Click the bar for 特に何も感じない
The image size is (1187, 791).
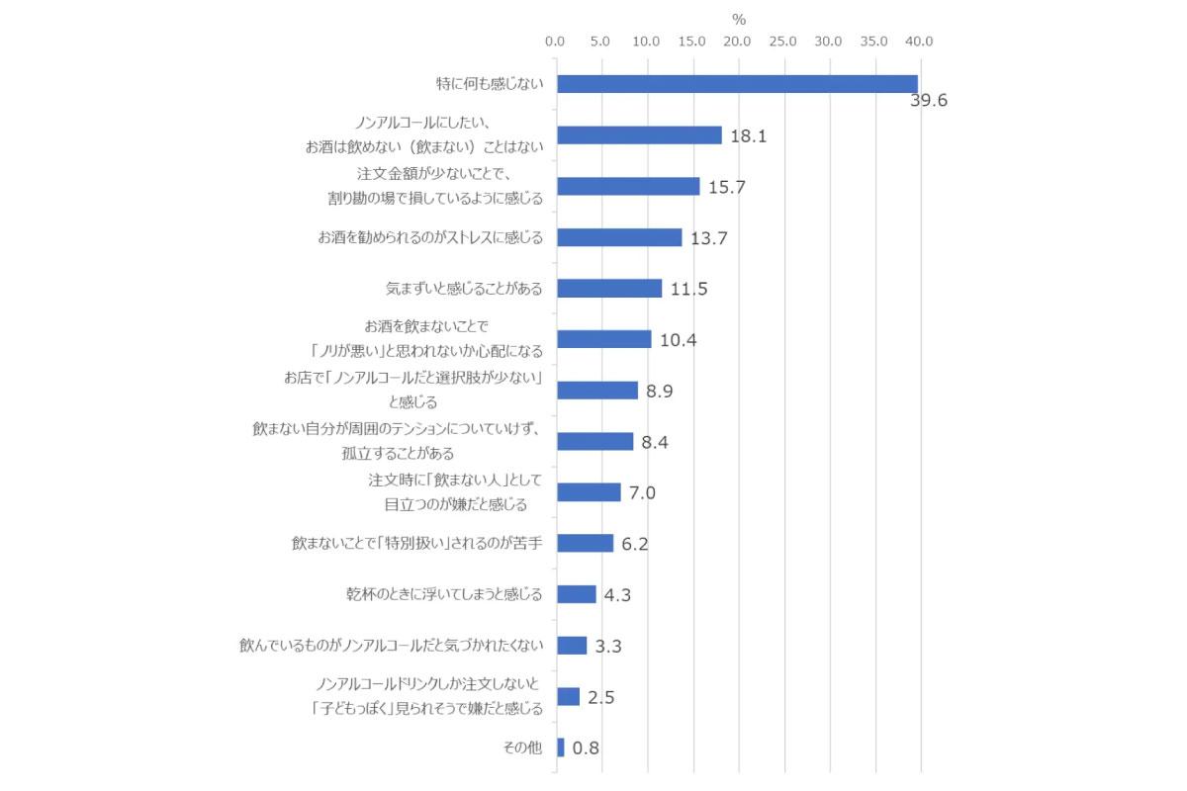tap(737, 84)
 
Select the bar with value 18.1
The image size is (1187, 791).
tap(639, 135)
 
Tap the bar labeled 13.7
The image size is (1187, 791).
tap(619, 237)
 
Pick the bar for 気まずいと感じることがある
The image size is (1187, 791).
tap(609, 289)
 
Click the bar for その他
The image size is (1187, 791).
tap(561, 747)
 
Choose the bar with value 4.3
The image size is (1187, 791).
tap(577, 594)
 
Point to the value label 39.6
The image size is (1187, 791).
tap(929, 101)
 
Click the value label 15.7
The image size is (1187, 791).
tap(727, 187)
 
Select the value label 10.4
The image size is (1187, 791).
tap(679, 340)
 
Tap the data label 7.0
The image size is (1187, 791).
tap(643, 492)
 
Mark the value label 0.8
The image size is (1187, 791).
tap(587, 747)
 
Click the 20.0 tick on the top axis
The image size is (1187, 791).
tap(737, 42)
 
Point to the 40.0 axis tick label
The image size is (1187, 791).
tap(919, 42)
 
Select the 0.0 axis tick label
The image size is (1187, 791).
tap(556, 42)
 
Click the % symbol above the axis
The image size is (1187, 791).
tap(739, 19)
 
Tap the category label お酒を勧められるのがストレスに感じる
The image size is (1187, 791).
tap(430, 237)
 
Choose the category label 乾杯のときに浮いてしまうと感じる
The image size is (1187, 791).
tap(444, 594)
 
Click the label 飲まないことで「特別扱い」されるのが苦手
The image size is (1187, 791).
tap(417, 543)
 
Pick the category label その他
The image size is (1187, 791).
tap(523, 747)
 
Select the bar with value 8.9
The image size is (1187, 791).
tap(597, 391)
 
